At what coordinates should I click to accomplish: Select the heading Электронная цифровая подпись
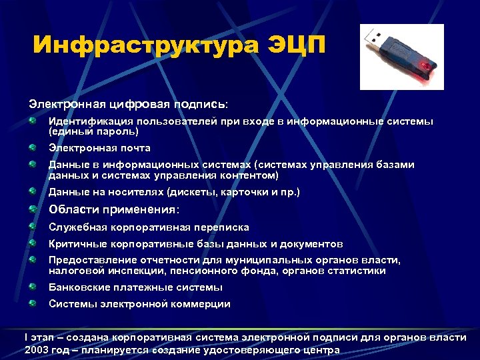127,105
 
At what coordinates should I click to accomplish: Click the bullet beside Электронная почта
33,147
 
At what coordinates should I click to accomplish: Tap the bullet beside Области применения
33,209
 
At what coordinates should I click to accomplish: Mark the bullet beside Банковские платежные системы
33,287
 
